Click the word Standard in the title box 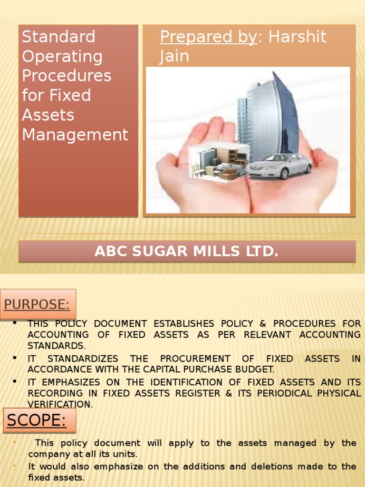click(x=59, y=37)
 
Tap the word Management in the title click(x=75, y=135)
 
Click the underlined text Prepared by click(x=208, y=37)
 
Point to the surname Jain click(x=174, y=56)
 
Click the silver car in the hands click(x=278, y=166)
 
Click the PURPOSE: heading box click(x=38, y=304)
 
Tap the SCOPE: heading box click(x=39, y=420)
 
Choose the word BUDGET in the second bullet click(x=256, y=370)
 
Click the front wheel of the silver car click(x=284, y=175)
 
